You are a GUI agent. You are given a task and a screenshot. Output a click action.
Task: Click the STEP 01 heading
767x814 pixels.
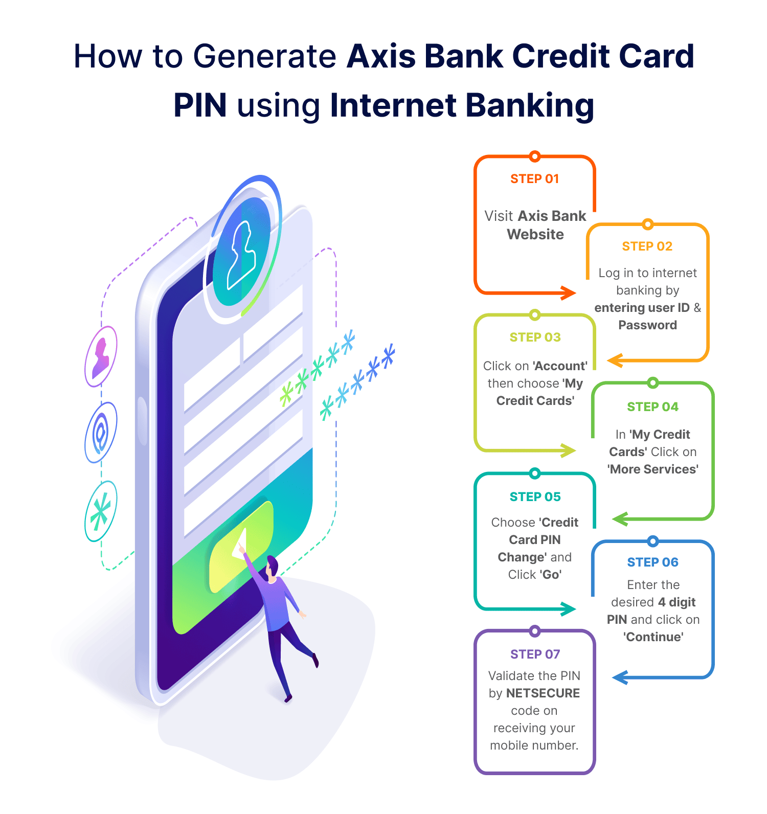(534, 179)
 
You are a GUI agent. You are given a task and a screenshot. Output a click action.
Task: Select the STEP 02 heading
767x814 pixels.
(647, 246)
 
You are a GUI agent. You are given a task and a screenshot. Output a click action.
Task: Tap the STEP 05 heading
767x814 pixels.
(535, 497)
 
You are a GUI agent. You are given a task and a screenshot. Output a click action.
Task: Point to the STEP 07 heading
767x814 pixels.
(535, 654)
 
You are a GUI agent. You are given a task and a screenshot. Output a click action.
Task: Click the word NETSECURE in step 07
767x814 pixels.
(543, 693)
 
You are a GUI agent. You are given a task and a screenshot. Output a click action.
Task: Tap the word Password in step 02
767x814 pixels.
(647, 325)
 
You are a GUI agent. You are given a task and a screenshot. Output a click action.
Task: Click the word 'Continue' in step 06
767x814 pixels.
(653, 637)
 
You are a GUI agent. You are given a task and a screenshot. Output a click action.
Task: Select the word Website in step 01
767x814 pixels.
(535, 235)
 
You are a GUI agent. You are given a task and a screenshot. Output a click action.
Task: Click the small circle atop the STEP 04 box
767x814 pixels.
(652, 382)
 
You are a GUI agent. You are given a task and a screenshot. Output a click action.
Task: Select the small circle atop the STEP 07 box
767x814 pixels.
(535, 631)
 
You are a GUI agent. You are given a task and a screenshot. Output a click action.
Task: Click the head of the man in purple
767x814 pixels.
(272, 566)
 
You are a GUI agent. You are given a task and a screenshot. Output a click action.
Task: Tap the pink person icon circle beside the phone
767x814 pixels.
(101, 356)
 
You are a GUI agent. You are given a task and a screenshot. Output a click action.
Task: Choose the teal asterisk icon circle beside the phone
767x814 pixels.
(101, 511)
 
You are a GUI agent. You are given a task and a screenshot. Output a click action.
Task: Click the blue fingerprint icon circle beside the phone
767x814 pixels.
(101, 433)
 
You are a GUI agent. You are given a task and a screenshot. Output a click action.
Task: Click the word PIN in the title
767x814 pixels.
(200, 105)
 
